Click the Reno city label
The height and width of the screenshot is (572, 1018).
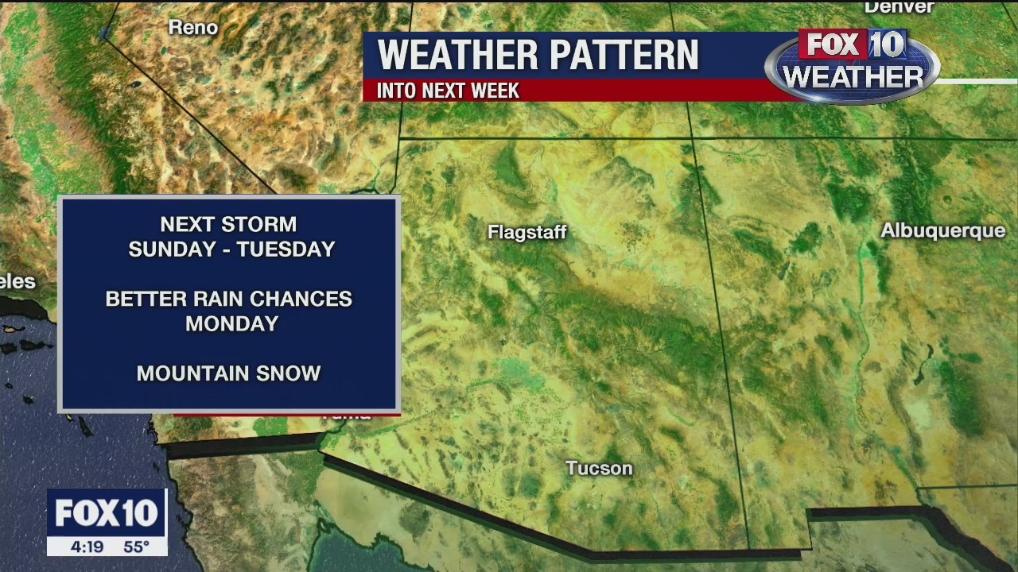pos(192,28)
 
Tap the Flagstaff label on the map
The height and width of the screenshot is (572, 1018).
pos(526,233)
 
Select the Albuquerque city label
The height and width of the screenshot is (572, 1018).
pos(942,230)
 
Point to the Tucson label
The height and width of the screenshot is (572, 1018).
pos(599,469)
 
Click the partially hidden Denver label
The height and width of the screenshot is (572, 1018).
pos(899,7)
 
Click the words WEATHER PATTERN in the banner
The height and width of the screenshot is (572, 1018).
pos(538,56)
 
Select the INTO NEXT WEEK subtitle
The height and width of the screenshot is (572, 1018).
pos(448,91)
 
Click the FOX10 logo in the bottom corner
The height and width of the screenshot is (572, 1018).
pos(107,513)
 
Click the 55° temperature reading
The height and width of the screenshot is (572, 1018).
pos(136,547)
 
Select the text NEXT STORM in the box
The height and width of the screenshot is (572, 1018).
pos(228,225)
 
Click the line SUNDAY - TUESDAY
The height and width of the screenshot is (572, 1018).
pos(231,249)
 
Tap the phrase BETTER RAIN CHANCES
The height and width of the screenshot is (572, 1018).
pos(228,299)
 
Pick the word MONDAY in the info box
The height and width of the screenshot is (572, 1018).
pos(231,323)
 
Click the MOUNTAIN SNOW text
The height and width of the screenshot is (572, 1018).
pos(228,373)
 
